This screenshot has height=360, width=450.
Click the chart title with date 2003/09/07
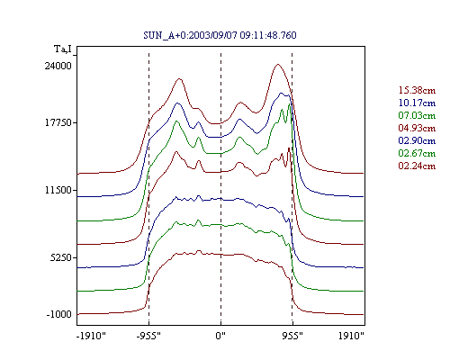click(220, 35)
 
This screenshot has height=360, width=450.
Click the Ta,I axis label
click(63, 49)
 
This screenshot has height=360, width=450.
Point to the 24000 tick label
click(58, 66)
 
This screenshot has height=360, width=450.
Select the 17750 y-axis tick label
click(58, 122)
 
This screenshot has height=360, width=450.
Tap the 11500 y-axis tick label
click(58, 190)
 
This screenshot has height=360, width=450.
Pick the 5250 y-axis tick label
click(61, 257)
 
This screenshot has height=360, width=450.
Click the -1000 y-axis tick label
click(59, 314)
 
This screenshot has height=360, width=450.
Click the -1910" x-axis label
click(91, 336)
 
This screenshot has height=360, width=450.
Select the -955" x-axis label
click(148, 336)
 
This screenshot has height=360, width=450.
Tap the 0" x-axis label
click(220, 336)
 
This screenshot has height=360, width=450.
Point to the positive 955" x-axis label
click(292, 336)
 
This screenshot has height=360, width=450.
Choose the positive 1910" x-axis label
click(351, 336)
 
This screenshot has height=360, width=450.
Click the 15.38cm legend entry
click(417, 90)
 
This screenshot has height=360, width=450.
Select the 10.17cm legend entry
click(417, 103)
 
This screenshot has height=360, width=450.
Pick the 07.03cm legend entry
click(417, 115)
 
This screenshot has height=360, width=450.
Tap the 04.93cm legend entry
click(417, 128)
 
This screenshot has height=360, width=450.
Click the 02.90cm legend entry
click(417, 140)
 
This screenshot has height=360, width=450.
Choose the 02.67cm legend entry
click(417, 153)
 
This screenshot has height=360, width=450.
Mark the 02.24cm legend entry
click(417, 166)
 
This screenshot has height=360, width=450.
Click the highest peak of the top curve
click(278, 64)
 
